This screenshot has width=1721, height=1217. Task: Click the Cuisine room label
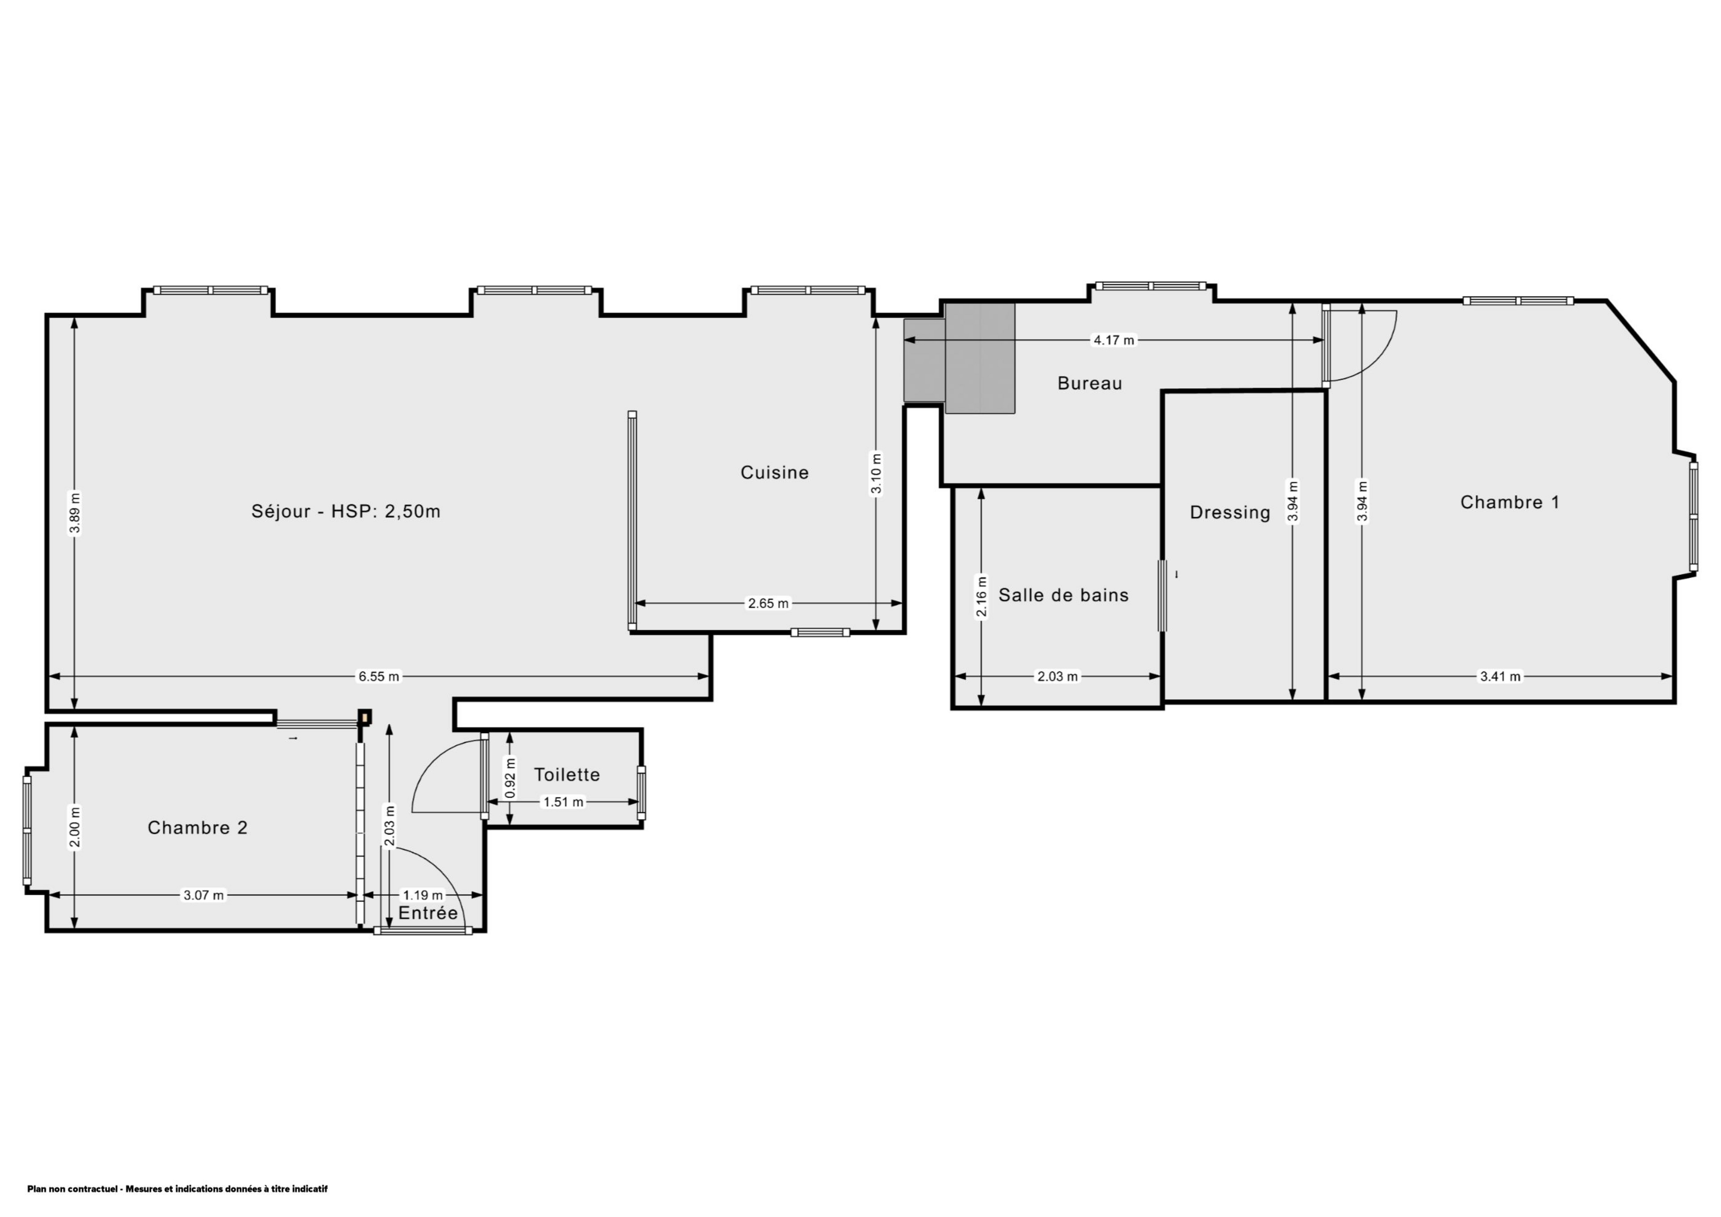point(774,473)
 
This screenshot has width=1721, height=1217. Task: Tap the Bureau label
point(1090,384)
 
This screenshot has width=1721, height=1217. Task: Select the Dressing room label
point(1230,513)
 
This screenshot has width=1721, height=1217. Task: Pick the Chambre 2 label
point(197,828)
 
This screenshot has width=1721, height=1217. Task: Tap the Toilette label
point(567,775)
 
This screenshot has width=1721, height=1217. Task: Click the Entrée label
point(428,914)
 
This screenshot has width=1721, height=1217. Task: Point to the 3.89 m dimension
point(74,513)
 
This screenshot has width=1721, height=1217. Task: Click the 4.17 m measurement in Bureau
point(1114,340)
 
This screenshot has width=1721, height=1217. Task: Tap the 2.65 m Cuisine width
point(768,603)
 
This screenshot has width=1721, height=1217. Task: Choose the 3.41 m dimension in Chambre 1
point(1500,677)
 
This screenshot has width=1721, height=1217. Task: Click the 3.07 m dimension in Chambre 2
point(204,896)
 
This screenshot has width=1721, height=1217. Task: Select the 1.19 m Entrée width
point(423,896)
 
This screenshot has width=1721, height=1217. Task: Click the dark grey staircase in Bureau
point(959,358)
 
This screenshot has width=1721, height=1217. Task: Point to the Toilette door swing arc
point(427,764)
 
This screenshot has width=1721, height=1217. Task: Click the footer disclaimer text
point(178,1188)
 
